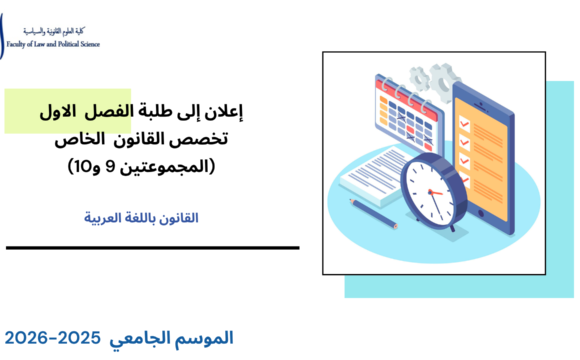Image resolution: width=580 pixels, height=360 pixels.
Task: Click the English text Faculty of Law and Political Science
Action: pos(51,45)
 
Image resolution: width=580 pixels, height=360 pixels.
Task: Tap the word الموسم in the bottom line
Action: pos(204,338)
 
